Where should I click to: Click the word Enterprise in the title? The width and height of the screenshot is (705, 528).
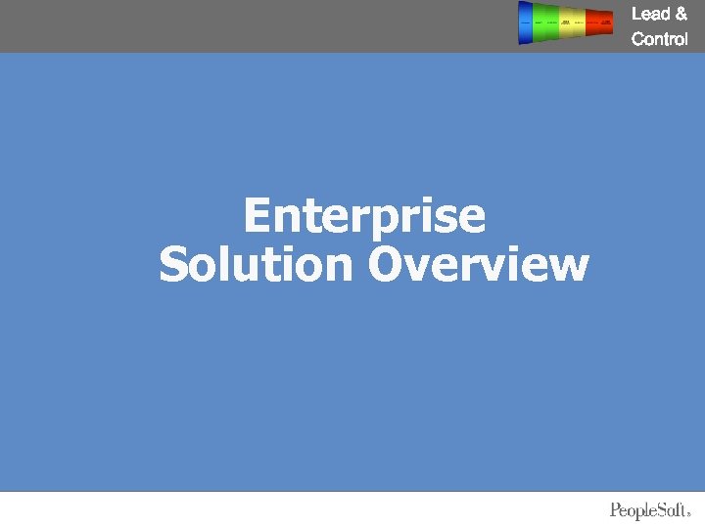[364, 216]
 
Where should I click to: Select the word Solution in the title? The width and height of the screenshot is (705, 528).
[256, 265]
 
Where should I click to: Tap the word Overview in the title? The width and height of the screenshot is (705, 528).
[479, 265]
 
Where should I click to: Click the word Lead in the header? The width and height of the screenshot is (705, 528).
[650, 14]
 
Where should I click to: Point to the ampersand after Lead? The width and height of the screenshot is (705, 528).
[681, 14]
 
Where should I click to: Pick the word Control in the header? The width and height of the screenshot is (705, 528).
[660, 40]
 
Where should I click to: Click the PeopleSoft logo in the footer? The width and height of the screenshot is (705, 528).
[650, 510]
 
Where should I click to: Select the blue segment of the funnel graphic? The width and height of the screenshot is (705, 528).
[526, 22]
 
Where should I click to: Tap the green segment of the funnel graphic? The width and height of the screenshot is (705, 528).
[545, 22]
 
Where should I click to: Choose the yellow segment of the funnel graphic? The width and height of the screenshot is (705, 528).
[571, 22]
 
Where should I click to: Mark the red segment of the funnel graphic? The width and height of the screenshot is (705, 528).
[599, 22]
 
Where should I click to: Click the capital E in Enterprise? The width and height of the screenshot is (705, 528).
[258, 216]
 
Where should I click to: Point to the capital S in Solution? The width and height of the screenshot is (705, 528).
[173, 265]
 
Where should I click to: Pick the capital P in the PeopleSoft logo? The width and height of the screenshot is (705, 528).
[616, 510]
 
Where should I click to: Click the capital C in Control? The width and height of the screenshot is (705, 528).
[638, 40]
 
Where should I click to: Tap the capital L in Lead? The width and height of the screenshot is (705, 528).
[636, 14]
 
